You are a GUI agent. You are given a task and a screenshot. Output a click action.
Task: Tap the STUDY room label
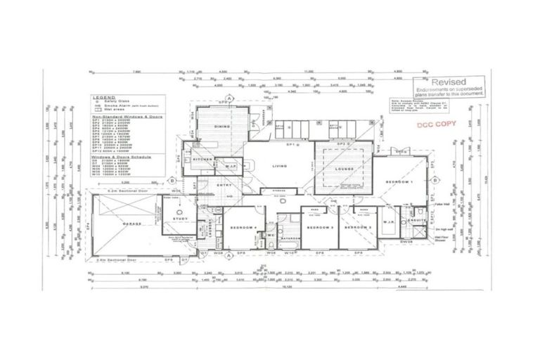(x=177, y=219)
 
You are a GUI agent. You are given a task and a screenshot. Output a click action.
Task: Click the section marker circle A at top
(x=229, y=98)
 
